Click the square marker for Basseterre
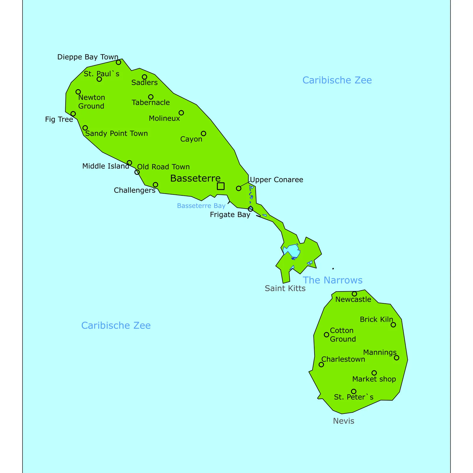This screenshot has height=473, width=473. click(221, 186)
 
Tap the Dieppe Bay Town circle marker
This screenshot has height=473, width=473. click(119, 62)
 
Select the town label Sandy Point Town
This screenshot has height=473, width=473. click(116, 134)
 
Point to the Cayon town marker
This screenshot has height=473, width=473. click(204, 133)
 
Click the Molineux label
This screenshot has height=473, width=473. click(164, 119)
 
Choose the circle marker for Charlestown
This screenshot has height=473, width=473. click(321, 365)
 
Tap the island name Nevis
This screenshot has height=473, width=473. click(344, 421)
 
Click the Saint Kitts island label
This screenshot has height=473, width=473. click(285, 289)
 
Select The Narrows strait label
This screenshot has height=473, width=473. click(333, 280)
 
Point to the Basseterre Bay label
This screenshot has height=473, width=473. click(201, 206)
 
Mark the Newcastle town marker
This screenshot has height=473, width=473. click(354, 294)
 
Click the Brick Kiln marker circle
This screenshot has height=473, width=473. click(393, 325)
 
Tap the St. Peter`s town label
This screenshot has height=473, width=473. click(354, 397)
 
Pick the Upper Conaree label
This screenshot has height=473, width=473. click(276, 180)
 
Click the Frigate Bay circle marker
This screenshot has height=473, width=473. click(250, 209)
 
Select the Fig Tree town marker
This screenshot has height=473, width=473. click(73, 114)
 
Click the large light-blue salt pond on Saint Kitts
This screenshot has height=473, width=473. click(292, 251)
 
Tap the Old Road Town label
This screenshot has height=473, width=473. click(163, 167)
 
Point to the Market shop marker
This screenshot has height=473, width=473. click(374, 373)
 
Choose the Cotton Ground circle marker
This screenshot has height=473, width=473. click(326, 335)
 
